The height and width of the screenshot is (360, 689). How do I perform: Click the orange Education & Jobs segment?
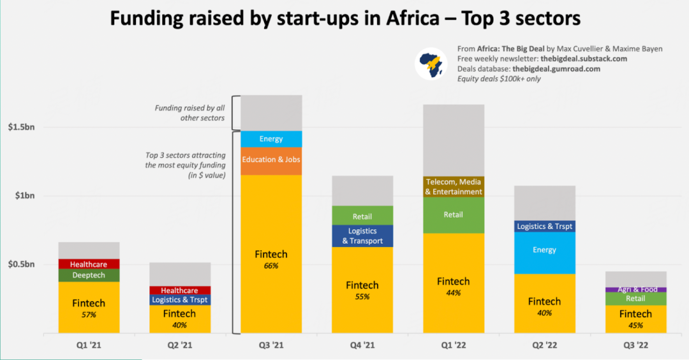pyautogui.click(x=271, y=160)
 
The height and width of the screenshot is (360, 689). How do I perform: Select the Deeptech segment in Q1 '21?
pyautogui.click(x=89, y=275)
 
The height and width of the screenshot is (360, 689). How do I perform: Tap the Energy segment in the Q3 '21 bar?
pyautogui.click(x=271, y=139)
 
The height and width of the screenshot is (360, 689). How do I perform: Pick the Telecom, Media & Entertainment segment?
pyautogui.click(x=454, y=187)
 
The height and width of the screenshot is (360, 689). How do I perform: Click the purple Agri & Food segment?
pyautogui.click(x=635, y=290)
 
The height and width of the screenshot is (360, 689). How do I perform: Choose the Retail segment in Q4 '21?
pyautogui.click(x=362, y=216)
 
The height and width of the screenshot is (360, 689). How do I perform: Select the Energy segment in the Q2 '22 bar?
pyautogui.click(x=544, y=250)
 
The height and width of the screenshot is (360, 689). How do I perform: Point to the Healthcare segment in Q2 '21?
pyautogui.click(x=179, y=290)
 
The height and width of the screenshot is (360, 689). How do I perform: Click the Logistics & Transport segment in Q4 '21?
pyautogui.click(x=362, y=236)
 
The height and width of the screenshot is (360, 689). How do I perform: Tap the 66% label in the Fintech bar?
pyautogui.click(x=271, y=266)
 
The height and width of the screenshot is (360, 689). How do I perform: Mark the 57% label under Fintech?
pyautogui.click(x=89, y=315)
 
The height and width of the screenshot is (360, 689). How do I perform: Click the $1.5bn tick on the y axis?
pyautogui.click(x=22, y=127)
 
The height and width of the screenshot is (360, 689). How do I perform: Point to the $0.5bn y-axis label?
pyautogui.click(x=22, y=264)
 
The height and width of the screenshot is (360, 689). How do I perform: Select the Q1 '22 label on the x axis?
pyautogui.click(x=454, y=345)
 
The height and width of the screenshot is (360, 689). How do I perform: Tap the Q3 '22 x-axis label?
pyautogui.click(x=635, y=345)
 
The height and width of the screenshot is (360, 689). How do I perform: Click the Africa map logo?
pyautogui.click(x=431, y=64)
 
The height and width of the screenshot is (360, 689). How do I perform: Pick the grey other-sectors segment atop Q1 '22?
pyautogui.click(x=454, y=140)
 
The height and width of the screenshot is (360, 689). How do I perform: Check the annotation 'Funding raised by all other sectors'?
pyautogui.click(x=189, y=113)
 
